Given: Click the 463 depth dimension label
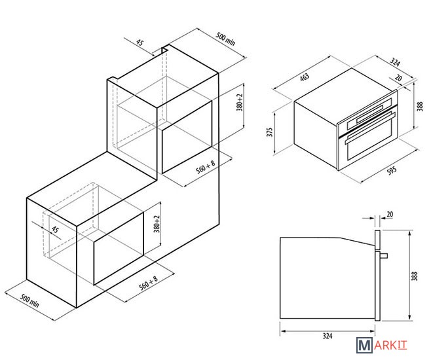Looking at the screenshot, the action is [305, 77].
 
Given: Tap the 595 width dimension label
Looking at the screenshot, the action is [392, 170].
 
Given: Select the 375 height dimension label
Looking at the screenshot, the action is [270, 132].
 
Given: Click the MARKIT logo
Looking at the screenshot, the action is [382, 345].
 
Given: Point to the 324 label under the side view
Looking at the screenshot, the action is [328, 336].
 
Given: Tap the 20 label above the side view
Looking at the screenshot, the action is [390, 214].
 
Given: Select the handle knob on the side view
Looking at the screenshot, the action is [384, 256].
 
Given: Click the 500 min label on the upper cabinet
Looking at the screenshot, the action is [225, 39].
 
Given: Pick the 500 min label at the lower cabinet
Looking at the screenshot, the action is [29, 301].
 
